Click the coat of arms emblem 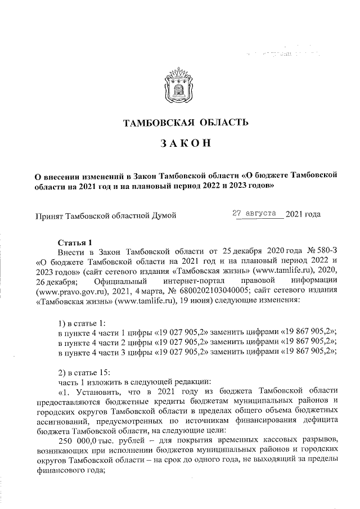(x=179, y=87)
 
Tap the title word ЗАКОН (x=180, y=144)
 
